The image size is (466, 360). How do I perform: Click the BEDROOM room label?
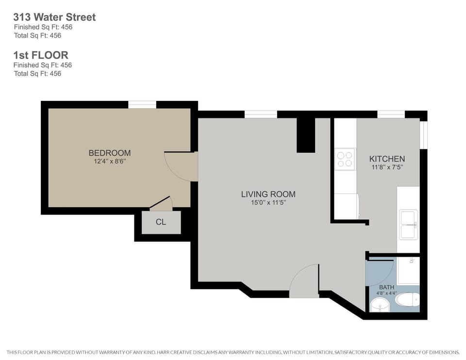point(109,153)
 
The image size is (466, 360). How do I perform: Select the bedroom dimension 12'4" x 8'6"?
point(109,162)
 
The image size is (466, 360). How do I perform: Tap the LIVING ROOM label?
point(268,194)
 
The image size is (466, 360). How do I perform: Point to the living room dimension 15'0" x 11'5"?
point(268,203)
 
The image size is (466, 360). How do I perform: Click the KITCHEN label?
point(387,159)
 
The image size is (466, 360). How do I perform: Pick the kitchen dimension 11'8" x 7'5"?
point(387,167)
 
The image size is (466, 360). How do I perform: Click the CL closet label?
point(161,222)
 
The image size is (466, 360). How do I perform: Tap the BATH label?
point(387,287)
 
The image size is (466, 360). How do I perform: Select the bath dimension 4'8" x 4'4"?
point(387,294)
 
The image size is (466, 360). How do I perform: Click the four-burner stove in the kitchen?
point(345,159)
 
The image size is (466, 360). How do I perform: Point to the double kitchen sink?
point(408,225)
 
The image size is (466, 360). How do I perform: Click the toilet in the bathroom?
point(407,300)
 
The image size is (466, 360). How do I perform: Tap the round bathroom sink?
point(379,305)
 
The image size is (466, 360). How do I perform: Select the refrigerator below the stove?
point(346,206)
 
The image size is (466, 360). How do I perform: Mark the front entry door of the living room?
point(304,281)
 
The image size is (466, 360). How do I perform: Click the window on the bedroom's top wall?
point(142,104)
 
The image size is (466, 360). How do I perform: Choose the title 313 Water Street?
point(54,17)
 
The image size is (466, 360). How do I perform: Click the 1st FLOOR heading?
point(41,55)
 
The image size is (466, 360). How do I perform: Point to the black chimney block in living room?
point(306,135)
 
